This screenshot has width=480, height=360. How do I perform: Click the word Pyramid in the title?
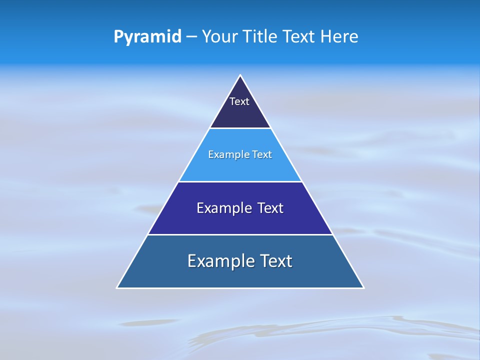tap(147, 37)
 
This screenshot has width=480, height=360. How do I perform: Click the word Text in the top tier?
tap(239, 101)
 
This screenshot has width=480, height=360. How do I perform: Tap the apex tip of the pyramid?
tap(240, 75)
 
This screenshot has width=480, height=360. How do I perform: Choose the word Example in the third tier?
tap(223, 208)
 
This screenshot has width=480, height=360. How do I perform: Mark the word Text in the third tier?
tap(270, 208)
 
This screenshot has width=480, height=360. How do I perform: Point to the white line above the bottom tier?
tap(240, 234)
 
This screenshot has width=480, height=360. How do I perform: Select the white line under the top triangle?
tap(240, 128)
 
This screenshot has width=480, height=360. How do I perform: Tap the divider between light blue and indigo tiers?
tap(240, 181)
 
